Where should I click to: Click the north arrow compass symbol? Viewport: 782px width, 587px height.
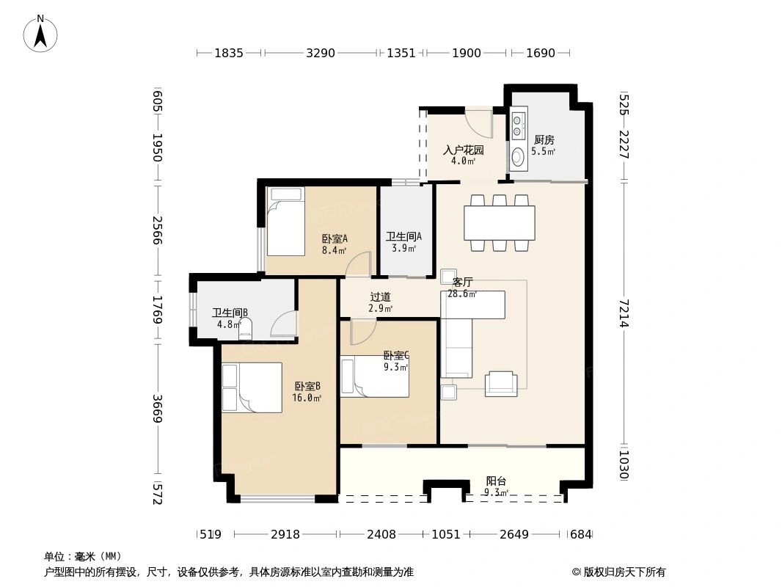(40, 34)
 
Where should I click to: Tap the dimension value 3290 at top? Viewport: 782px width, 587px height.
(320, 53)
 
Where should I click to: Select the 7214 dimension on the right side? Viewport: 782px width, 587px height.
(624, 313)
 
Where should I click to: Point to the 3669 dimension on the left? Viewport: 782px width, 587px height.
(158, 409)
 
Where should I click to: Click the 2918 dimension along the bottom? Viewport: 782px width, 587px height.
(285, 535)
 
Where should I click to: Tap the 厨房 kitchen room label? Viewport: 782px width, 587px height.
(544, 140)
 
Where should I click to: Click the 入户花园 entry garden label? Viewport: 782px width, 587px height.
(464, 150)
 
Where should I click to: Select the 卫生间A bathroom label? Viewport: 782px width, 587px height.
(403, 236)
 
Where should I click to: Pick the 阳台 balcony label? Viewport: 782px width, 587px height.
(496, 481)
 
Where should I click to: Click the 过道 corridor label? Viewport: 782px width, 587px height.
(381, 297)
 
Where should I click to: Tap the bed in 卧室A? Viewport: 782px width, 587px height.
(285, 222)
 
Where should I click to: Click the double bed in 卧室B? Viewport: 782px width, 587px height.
(252, 387)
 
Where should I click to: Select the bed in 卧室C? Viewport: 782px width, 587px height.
(375, 376)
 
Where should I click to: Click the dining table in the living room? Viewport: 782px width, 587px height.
(500, 223)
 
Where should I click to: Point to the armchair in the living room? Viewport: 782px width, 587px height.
(501, 384)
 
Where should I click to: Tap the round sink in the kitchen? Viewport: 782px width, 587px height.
(518, 156)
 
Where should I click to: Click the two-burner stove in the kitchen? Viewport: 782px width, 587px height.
(517, 125)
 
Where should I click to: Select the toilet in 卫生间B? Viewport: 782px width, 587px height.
(245, 329)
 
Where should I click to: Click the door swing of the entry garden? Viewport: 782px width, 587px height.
(479, 123)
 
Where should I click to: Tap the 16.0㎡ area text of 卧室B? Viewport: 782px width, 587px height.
(307, 398)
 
